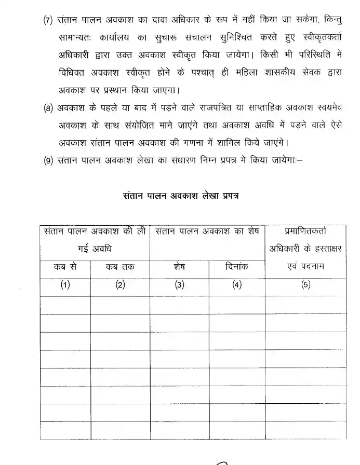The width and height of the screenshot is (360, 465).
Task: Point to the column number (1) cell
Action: tap(65, 285)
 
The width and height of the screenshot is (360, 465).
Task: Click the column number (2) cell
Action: tap(120, 285)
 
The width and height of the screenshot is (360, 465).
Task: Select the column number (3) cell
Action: tap(179, 285)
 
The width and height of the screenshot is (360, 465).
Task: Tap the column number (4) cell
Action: tap(237, 285)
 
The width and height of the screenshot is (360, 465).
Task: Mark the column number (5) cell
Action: tap(306, 285)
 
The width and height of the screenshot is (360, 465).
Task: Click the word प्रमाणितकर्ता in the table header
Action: tap(306, 231)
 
